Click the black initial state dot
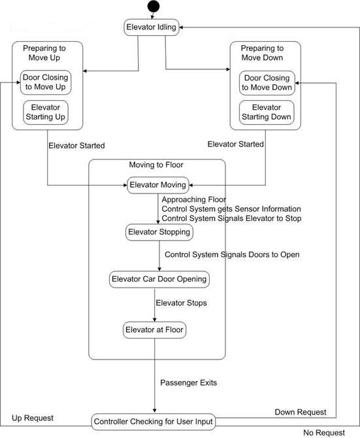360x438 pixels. click(x=154, y=7)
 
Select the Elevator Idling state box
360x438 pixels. click(x=152, y=27)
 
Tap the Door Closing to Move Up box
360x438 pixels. click(x=46, y=82)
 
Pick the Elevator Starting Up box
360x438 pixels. click(x=46, y=112)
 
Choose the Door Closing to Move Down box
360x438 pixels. click(x=267, y=83)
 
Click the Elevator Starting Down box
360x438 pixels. click(x=267, y=112)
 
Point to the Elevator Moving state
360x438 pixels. click(x=158, y=185)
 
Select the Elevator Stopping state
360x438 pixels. click(x=159, y=232)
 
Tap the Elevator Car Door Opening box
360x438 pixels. click(x=159, y=279)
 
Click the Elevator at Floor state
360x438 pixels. click(x=154, y=330)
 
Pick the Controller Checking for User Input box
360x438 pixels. click(x=153, y=422)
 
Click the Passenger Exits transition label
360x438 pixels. click(x=188, y=382)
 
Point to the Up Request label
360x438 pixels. click(x=33, y=418)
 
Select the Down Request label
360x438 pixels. click(x=301, y=412)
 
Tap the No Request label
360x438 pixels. click(x=324, y=433)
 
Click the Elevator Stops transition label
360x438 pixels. click(x=181, y=303)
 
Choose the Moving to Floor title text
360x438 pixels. click(x=156, y=165)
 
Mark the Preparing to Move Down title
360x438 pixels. click(x=262, y=53)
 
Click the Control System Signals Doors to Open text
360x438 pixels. click(x=232, y=255)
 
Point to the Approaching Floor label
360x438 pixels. click(x=193, y=200)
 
